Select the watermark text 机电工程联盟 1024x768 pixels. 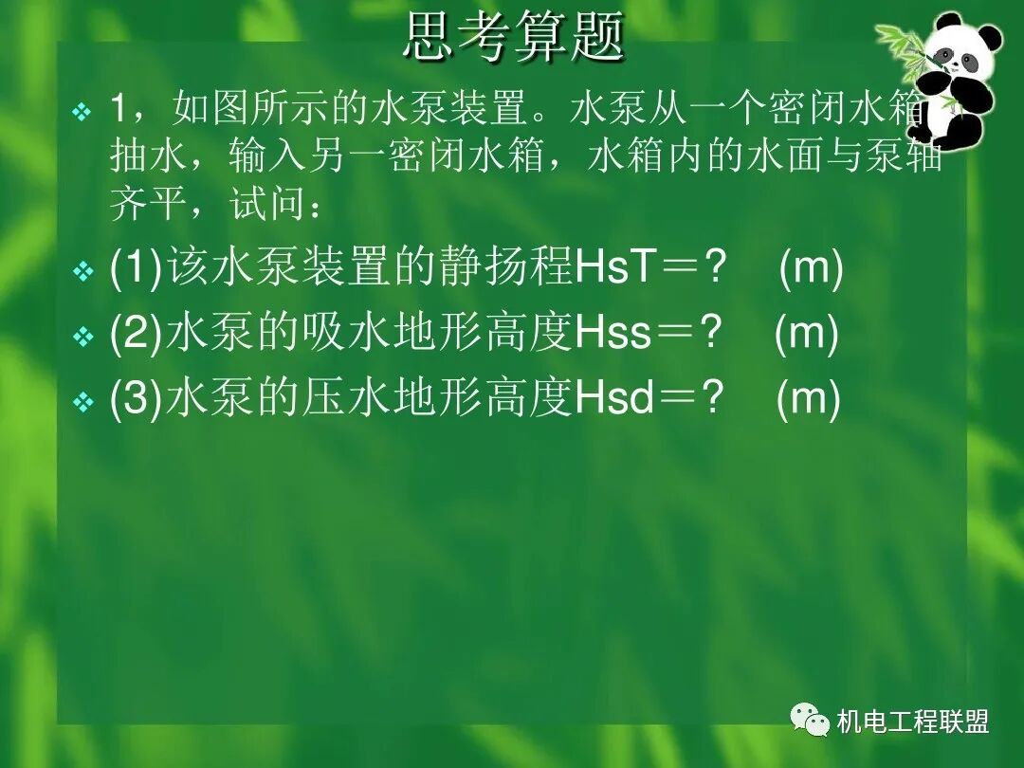pyautogui.click(x=913, y=722)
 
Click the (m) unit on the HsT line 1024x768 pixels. pyautogui.click(x=811, y=270)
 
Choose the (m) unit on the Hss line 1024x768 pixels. pyautogui.click(x=807, y=335)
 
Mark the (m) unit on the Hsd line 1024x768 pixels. pyautogui.click(x=808, y=400)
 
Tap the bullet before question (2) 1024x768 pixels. pyautogui.click(x=82, y=337)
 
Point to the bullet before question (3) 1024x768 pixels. pyautogui.click(x=82, y=402)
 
